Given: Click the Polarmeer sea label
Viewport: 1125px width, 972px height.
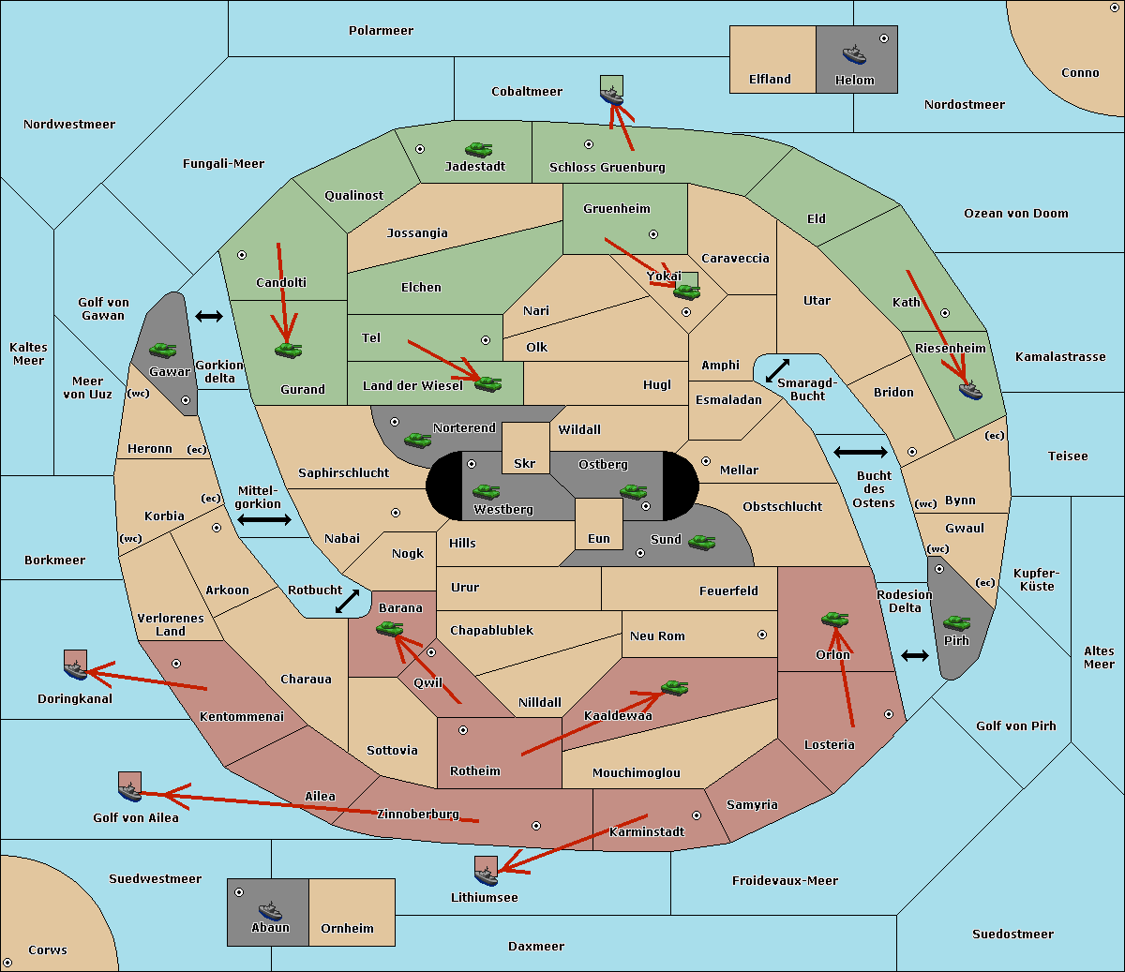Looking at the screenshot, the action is [381, 31].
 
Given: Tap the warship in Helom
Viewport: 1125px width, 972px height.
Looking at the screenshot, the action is [854, 54].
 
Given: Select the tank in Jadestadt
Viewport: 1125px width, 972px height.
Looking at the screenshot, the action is [478, 149].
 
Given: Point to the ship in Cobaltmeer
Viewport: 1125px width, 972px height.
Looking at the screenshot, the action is [611, 96].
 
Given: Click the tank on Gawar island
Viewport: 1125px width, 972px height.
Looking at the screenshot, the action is [162, 350].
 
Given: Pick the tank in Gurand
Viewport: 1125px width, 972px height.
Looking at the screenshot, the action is [288, 350].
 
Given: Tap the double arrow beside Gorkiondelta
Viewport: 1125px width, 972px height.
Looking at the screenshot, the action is [209, 316].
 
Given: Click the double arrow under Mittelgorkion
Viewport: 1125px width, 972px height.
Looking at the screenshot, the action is [264, 519].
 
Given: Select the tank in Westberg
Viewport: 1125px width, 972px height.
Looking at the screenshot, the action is [486, 491].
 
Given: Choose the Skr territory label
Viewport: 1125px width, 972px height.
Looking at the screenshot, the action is [524, 463].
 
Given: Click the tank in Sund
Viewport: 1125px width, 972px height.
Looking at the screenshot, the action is [701, 542].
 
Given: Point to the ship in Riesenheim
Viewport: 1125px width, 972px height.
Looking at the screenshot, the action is [970, 390].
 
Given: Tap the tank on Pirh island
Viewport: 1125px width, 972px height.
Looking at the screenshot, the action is [956, 622].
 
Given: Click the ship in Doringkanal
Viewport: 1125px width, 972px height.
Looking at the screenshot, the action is [75, 669].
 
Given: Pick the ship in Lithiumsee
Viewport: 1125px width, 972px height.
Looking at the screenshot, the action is [486, 875].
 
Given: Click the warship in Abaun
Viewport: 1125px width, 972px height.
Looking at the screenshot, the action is [270, 910].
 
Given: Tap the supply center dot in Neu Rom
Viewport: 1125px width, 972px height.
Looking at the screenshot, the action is [762, 635].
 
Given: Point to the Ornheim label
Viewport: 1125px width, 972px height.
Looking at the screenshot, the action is [347, 928].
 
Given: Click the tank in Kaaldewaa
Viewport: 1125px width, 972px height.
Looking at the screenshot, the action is [674, 687].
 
